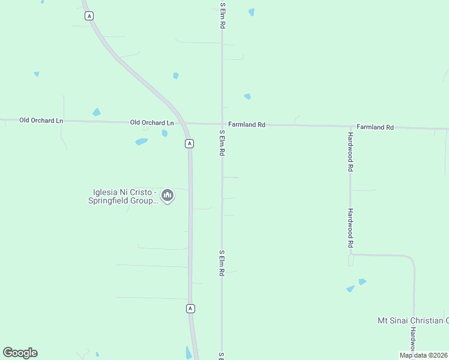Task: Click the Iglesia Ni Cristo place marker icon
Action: pos(167,196)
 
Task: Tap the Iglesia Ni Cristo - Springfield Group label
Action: pos(124,196)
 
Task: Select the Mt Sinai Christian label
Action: pos(412,320)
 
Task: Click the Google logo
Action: pos(20,353)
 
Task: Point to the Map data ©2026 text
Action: pos(423,355)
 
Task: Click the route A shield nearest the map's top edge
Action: pos(89,17)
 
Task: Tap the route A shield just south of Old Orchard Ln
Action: pos(189,143)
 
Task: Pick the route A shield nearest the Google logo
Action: pos(190,308)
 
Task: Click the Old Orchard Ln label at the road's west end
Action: pos(41,120)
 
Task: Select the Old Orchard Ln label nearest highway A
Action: pos(152,122)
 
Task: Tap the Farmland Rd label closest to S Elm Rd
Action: pos(247,125)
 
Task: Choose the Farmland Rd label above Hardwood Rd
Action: pos(375,127)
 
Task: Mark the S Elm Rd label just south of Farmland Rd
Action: pos(222,143)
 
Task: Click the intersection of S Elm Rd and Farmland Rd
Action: pos(222,124)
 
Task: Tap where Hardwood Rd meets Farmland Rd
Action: pos(350,127)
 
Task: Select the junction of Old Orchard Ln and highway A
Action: pos(184,123)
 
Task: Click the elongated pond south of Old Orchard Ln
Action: pos(142,142)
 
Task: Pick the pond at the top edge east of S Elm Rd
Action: pos(252,12)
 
